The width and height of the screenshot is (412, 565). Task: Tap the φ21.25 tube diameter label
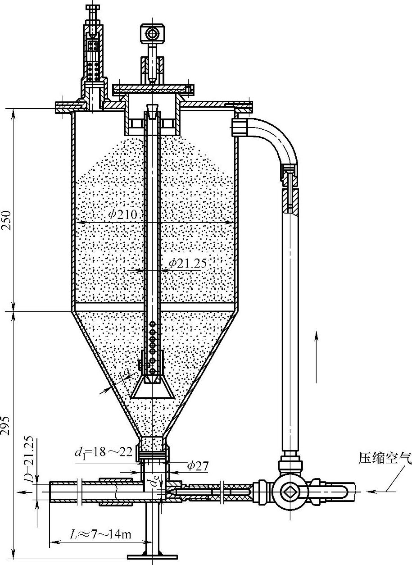tap(188, 263)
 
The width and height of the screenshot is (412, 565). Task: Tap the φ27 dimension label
tap(198, 466)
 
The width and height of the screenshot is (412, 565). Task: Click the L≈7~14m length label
tap(101, 535)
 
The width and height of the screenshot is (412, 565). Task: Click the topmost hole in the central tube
tap(153, 324)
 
